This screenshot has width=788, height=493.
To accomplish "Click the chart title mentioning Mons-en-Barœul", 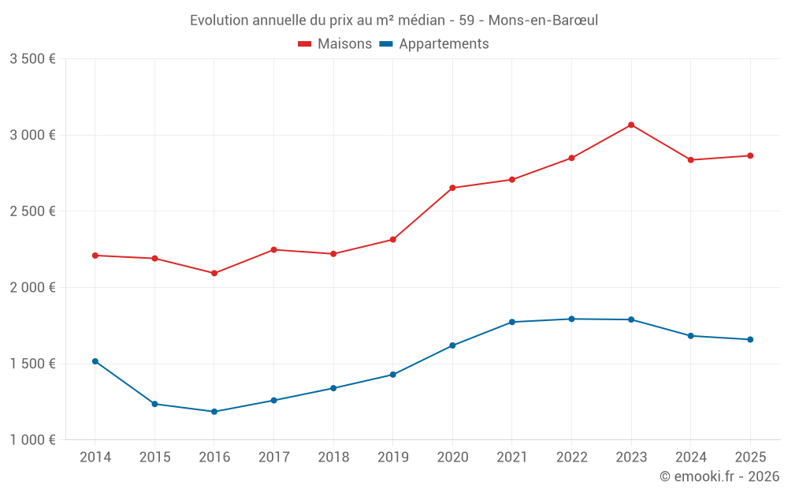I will tap(394, 20).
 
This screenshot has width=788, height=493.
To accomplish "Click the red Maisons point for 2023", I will tap(631, 125).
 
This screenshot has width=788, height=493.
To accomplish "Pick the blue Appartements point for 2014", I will tap(95, 361).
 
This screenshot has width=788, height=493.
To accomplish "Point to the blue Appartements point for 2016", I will tap(214, 412).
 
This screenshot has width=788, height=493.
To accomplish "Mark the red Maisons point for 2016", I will tap(214, 273).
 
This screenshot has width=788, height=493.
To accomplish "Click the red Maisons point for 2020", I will tap(452, 188).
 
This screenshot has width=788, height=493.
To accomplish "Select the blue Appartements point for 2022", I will tap(571, 319).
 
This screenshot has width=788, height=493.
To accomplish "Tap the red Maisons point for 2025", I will tap(750, 155).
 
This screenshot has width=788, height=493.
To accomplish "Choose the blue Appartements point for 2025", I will tap(750, 339).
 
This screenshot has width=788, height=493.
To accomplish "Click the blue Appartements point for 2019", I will tap(392, 375).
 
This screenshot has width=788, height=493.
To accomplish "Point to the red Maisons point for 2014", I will tap(95, 256).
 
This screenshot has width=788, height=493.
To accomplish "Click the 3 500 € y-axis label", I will tap(32, 59).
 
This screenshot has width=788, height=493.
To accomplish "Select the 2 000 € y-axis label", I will tap(32, 288).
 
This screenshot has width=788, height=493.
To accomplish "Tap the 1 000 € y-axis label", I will tap(32, 440).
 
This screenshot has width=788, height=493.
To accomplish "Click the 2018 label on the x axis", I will tap(333, 458).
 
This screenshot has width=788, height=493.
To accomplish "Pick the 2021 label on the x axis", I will tap(512, 458).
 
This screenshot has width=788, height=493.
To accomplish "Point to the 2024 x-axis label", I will tap(690, 458).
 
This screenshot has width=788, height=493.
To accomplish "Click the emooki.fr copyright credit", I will tap(719, 476).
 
